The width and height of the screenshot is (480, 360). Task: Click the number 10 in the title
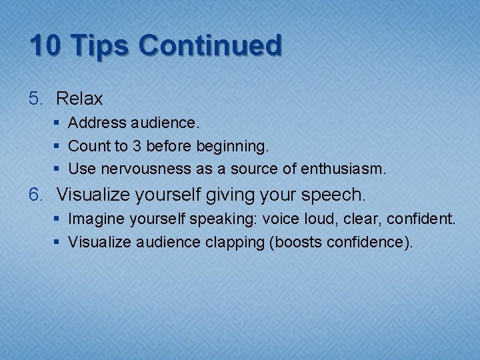(47, 46)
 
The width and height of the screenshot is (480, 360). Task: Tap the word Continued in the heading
(210, 46)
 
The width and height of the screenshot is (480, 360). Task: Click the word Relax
(79, 99)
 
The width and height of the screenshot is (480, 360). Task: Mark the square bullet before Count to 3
(59, 146)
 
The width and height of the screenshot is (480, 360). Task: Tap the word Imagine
(93, 219)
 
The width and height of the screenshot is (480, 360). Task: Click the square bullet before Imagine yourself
(59, 219)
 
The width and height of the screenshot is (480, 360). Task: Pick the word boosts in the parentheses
(298, 241)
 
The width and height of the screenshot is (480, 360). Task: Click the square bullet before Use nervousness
(59, 169)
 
